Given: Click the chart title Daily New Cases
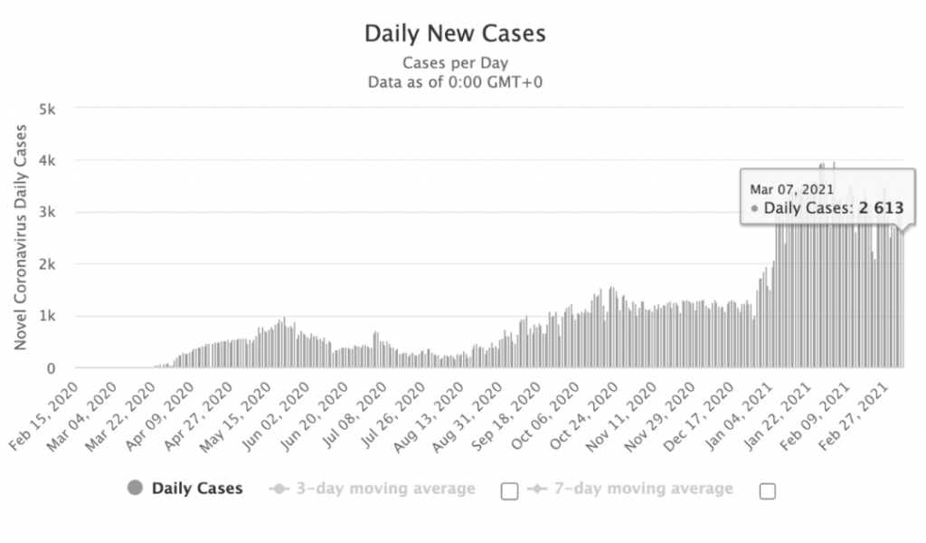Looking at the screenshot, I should (x=455, y=34).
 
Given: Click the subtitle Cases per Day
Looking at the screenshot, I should (x=455, y=63).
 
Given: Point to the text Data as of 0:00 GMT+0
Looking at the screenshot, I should (x=455, y=81).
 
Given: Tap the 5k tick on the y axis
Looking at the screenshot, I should (x=47, y=109).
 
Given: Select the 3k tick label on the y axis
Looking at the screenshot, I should (x=47, y=213).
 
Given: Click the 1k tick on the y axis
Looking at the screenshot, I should (x=47, y=317).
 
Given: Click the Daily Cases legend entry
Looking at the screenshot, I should (x=196, y=489).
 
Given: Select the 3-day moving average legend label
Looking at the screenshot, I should (x=385, y=489).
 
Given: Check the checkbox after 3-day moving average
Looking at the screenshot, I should (x=509, y=491).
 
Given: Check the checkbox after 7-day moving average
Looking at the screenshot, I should (x=768, y=491).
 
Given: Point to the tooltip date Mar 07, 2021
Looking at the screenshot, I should (x=791, y=189).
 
